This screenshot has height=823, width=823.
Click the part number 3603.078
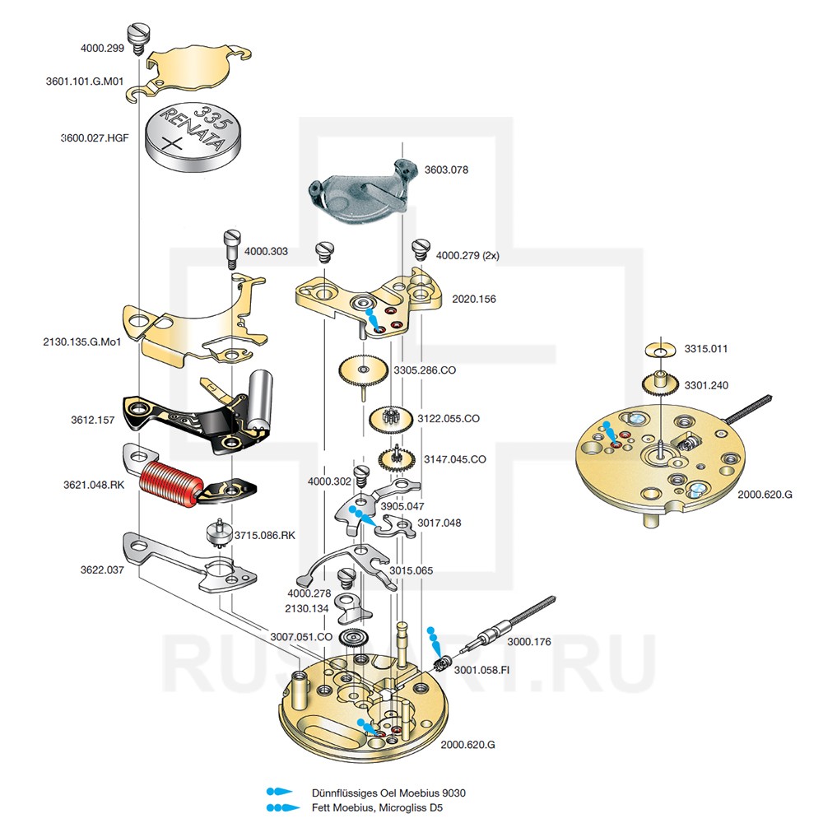click(x=446, y=170)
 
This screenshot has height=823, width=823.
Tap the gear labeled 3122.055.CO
click(x=390, y=419)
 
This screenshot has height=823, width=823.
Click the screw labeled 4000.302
click(x=362, y=477)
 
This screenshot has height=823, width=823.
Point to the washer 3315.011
click(x=661, y=350)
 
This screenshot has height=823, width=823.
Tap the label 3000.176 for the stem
click(x=529, y=641)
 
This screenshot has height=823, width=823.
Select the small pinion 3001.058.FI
click(x=444, y=665)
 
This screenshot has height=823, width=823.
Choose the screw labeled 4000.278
click(x=347, y=579)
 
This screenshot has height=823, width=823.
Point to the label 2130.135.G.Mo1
click(x=81, y=342)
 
